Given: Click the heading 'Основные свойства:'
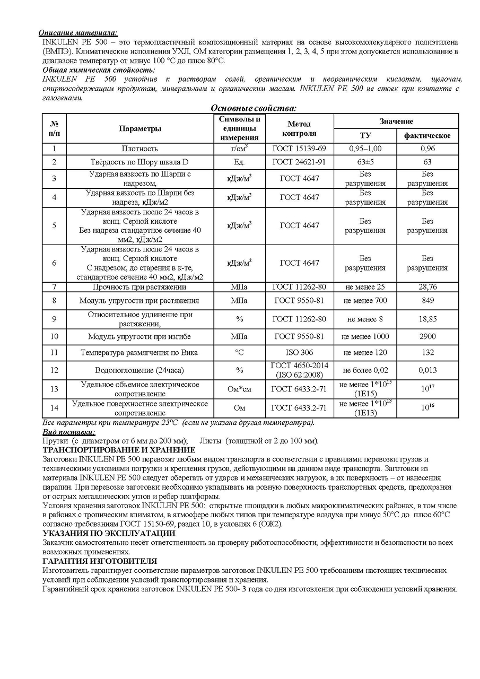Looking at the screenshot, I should [254, 108].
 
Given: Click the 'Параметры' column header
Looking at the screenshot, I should [140, 128].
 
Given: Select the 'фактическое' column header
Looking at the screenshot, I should [427, 135].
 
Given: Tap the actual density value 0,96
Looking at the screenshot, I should [427, 149].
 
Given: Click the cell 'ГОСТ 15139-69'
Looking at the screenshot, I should [299, 149].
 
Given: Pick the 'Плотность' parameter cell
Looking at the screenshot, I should [140, 149].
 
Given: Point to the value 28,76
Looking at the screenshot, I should [427, 287].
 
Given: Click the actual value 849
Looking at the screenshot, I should [427, 301].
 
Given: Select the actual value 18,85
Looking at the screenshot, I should [427, 319].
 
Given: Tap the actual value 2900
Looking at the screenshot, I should [427, 336].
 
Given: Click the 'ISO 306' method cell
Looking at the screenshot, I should [299, 352].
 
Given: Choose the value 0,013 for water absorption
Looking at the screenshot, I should [427, 370].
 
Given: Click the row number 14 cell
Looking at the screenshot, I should [54, 408].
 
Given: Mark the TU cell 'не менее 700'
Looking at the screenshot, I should [365, 301].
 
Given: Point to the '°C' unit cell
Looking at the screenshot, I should [239, 352].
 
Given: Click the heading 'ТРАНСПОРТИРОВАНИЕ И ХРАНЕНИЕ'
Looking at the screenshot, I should [119, 450].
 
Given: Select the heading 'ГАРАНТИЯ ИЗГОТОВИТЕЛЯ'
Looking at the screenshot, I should [100, 561].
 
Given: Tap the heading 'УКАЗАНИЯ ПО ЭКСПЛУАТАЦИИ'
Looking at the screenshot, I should [109, 534].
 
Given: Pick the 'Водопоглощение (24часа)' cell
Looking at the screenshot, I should [140, 370].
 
